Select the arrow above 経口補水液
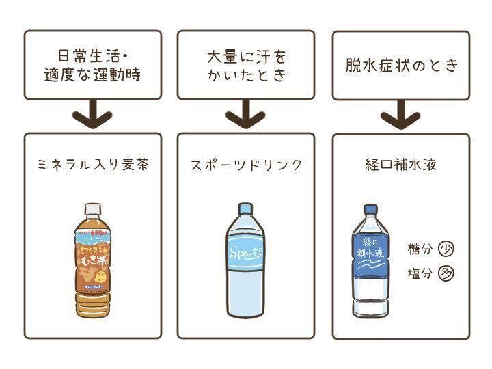[401, 116]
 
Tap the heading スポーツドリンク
[247, 165]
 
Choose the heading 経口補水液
[401, 165]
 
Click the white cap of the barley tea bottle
[91, 208]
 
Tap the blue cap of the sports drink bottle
[245, 208]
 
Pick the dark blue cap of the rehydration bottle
[370, 209]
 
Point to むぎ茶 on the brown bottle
[92, 254]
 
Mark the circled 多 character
[446, 274]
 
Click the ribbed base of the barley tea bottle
[92, 303]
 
